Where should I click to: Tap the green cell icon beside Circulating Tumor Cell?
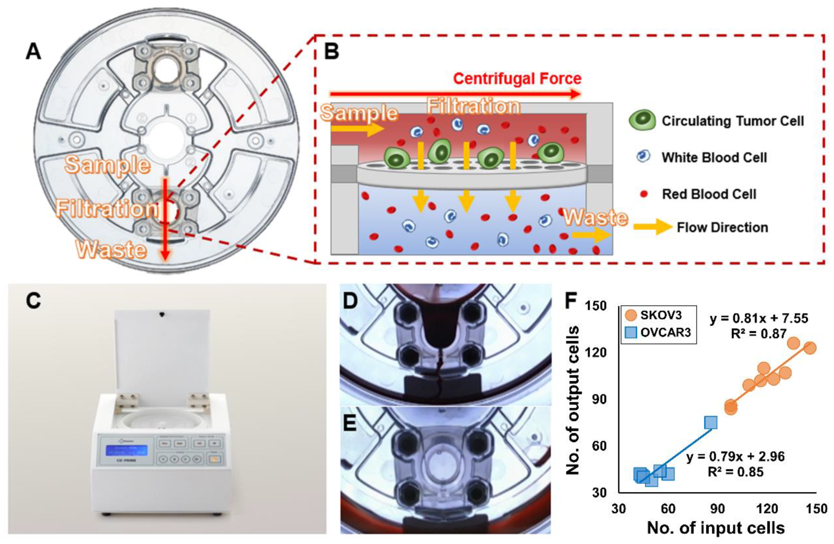point(642,120)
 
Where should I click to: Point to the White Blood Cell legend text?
point(714,157)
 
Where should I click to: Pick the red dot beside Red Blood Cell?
point(643,194)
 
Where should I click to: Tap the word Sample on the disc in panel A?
point(108,165)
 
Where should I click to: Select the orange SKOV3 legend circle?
point(631,315)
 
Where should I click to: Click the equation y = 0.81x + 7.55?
point(759,318)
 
